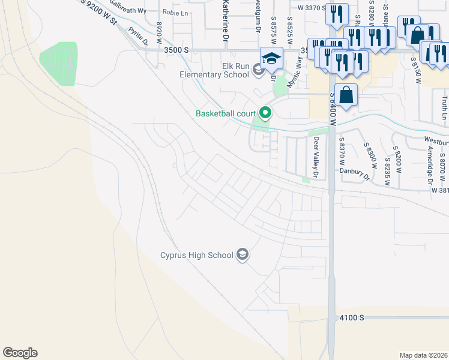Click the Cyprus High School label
click(x=196, y=256)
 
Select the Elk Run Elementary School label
click(x=214, y=70)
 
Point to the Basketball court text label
click(x=225, y=113)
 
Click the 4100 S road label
click(x=351, y=317)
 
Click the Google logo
click(x=20, y=353)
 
